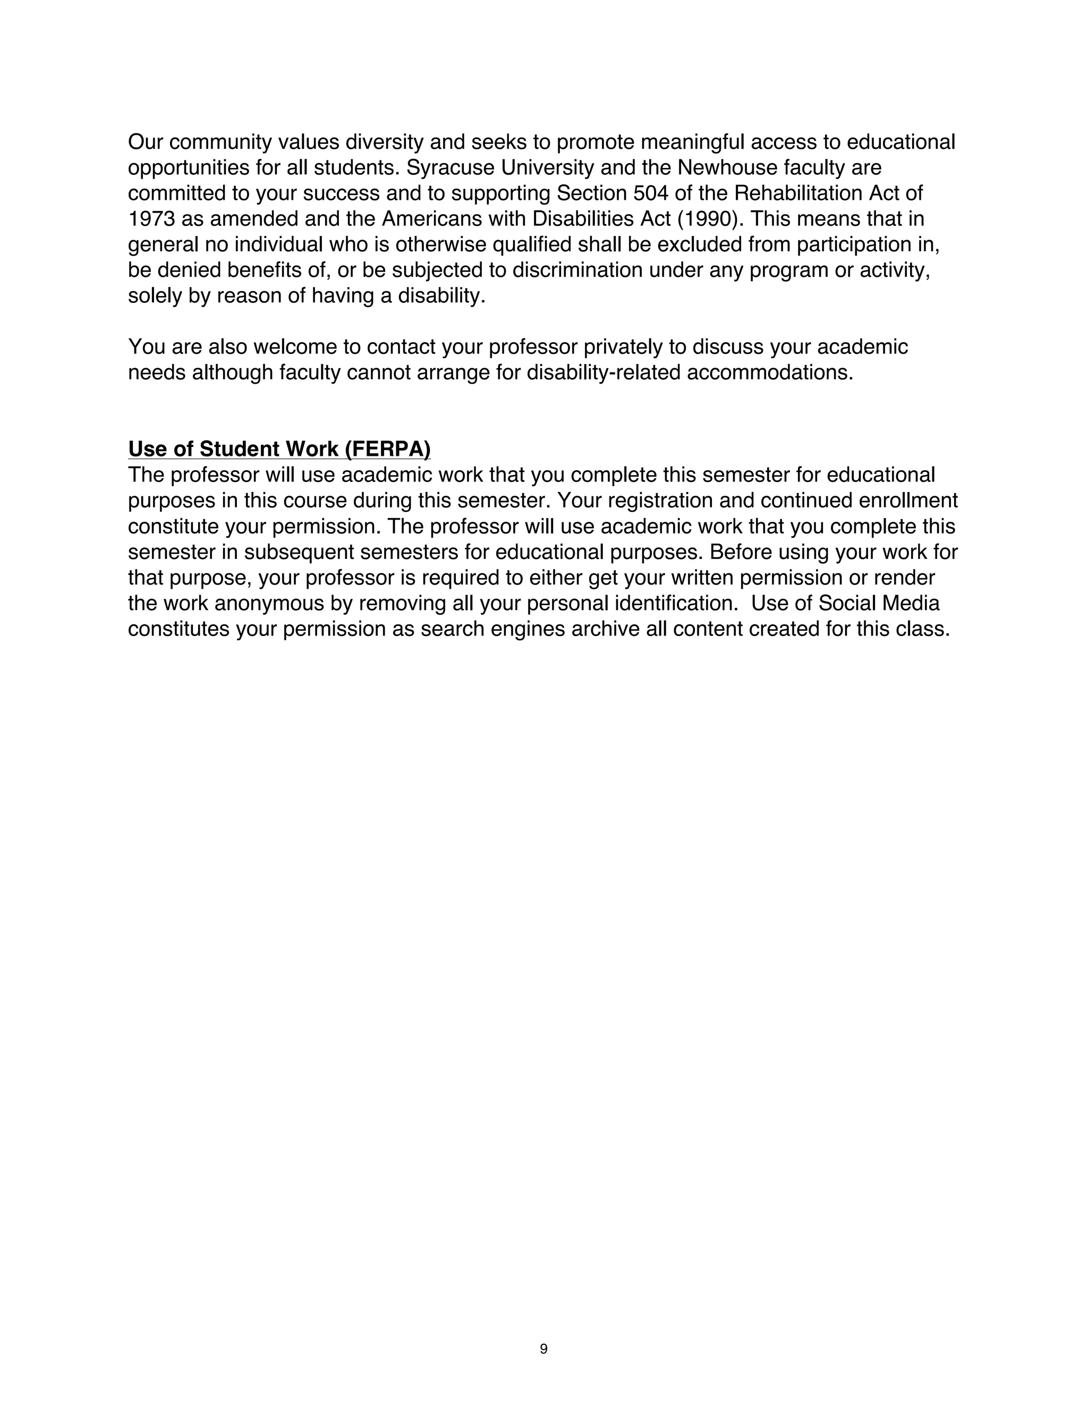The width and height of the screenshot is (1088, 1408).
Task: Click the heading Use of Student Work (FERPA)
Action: click(x=279, y=449)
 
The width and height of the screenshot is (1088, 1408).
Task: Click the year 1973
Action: click(x=151, y=219)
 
